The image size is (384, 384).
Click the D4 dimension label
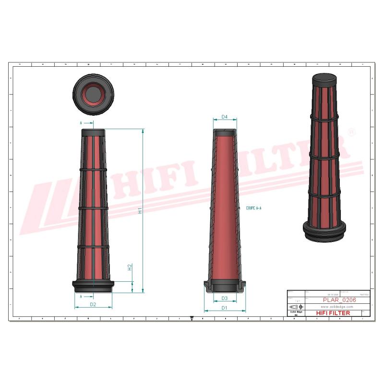pos(224,117)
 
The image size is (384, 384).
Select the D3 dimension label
pos(224,298)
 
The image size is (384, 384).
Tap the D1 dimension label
pos(224,308)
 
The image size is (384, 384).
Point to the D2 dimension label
pos(93,304)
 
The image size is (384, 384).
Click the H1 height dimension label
pos(140,210)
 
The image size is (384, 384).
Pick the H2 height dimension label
pos(130,267)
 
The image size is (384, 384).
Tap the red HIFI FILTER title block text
pos(333,313)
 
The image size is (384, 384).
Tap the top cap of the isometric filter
pos(325,79)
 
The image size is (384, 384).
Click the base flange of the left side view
pos(93,286)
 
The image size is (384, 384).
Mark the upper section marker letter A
pos(81,123)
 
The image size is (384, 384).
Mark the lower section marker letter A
pos(81,296)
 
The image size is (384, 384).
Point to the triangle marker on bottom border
pos(192,318)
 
